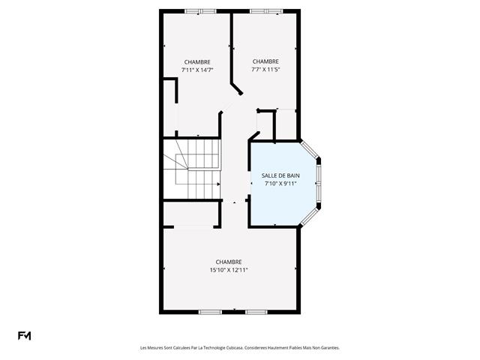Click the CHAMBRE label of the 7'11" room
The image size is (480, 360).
[x=197, y=61]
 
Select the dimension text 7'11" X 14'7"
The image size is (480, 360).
[x=197, y=70]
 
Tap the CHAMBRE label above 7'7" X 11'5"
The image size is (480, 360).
[x=265, y=61]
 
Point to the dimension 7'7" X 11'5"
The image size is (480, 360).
[x=265, y=70]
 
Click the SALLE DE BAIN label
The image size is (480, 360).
[x=280, y=175]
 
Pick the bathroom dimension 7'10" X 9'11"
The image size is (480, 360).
[x=280, y=184]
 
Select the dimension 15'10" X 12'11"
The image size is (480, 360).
[x=229, y=270]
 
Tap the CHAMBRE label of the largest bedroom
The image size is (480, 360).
[x=229, y=262]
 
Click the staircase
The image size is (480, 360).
[x=196, y=168]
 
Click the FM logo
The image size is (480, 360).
[x=25, y=335]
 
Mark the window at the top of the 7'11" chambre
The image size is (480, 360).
[x=199, y=10]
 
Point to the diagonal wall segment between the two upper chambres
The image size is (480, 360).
[x=236, y=88]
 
